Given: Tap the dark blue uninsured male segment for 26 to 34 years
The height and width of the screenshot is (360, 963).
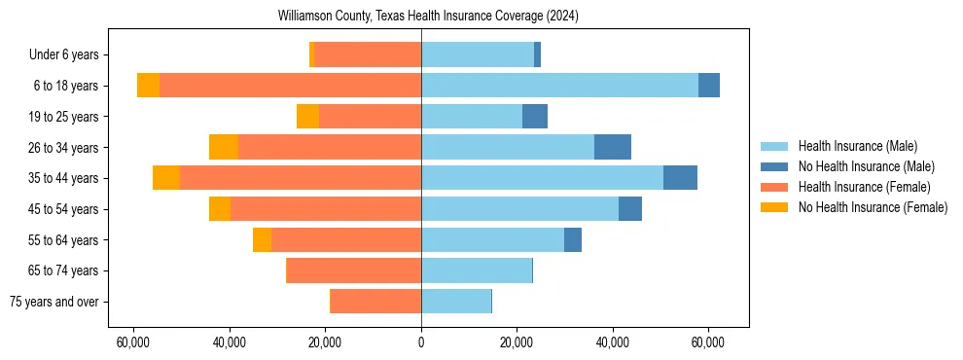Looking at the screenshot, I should (613, 147).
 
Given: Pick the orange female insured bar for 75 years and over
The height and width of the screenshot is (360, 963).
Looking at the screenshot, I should (375, 302).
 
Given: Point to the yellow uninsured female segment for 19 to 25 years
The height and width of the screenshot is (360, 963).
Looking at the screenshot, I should (307, 117).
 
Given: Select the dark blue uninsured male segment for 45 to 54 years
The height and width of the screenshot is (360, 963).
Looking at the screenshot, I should (630, 209).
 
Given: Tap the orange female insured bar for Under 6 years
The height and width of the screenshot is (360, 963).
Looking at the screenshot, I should (368, 55).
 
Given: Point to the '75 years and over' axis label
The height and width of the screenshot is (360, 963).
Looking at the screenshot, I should (53, 302).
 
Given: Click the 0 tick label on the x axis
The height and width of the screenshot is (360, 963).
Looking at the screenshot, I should (421, 342).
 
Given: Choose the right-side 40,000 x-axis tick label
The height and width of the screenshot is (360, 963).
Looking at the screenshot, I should (613, 342).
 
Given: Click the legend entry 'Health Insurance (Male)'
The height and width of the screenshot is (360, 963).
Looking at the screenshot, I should (857, 146).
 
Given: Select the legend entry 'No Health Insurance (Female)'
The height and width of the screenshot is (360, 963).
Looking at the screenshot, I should (873, 207).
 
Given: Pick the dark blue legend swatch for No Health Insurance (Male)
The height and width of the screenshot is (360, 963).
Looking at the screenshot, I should (774, 166).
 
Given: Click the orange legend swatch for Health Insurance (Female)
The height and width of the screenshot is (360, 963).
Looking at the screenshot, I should (774, 187).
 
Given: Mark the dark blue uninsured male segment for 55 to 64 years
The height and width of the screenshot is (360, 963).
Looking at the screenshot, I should (573, 240).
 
